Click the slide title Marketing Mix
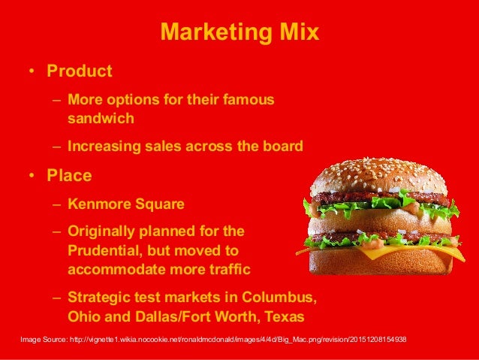pos(239,33)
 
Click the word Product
pos(79,71)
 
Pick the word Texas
pos(284,316)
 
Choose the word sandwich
pos(101,118)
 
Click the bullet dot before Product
pos(32,72)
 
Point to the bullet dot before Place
pos(32,177)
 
